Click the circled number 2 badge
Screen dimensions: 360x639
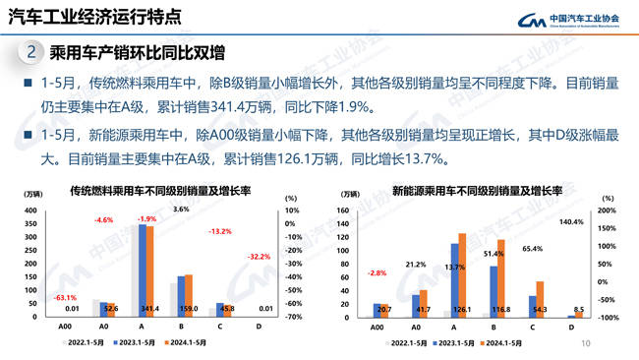click(x=30, y=52)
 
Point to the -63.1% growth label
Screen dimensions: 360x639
click(x=66, y=296)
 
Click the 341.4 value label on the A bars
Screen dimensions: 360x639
click(x=148, y=309)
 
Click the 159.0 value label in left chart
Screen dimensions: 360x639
click(x=187, y=309)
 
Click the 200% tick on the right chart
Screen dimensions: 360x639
click(x=607, y=210)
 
